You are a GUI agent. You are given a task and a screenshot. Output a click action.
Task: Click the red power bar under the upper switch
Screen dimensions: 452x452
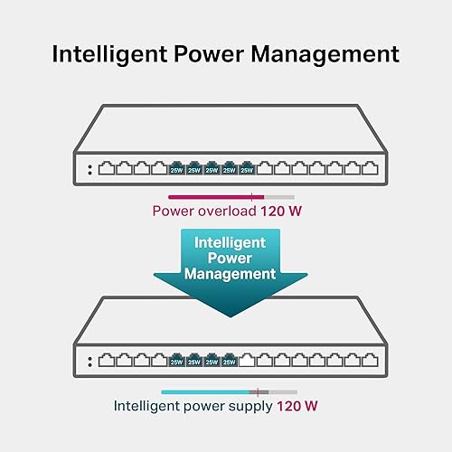[215, 196]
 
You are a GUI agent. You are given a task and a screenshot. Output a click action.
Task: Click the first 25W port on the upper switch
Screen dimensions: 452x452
[175, 168]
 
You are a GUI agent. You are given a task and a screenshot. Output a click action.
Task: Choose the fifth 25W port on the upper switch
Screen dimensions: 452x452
[246, 168]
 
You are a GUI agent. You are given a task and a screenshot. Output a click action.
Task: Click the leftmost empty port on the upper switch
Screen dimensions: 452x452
[105, 168]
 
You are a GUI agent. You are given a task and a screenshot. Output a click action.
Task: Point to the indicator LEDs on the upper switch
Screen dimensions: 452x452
[89, 169]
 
